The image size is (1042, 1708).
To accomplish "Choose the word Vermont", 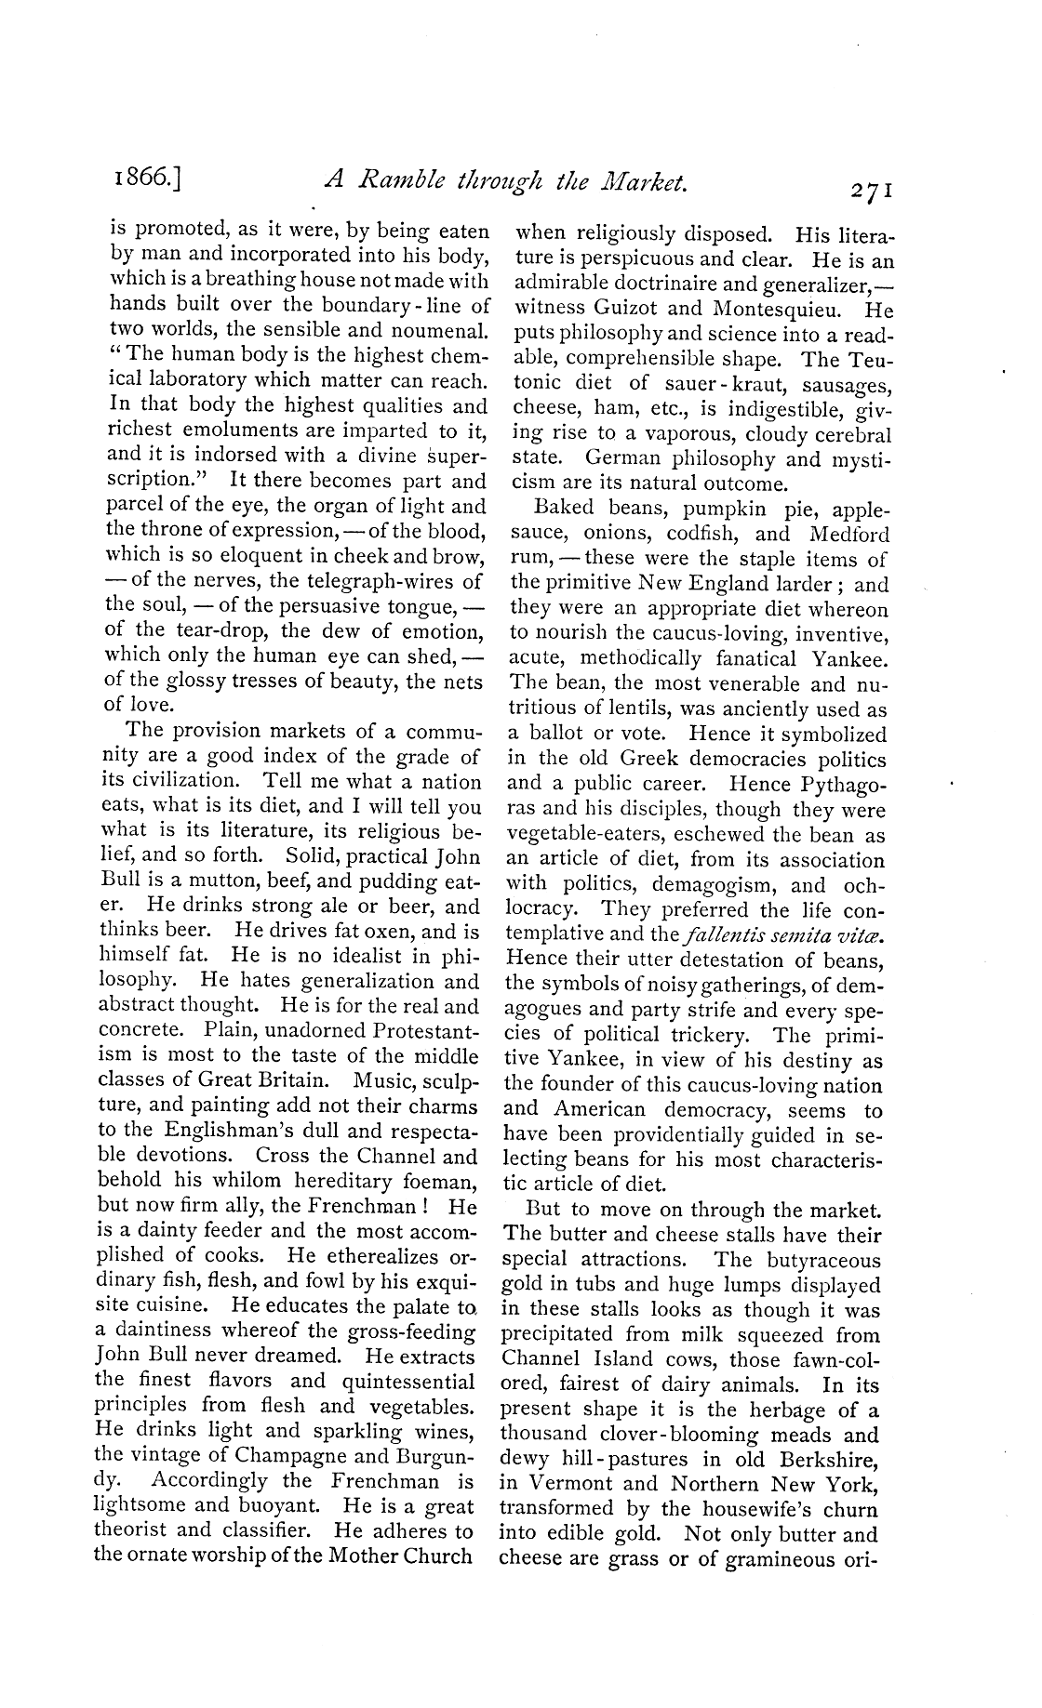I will (579, 1484).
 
